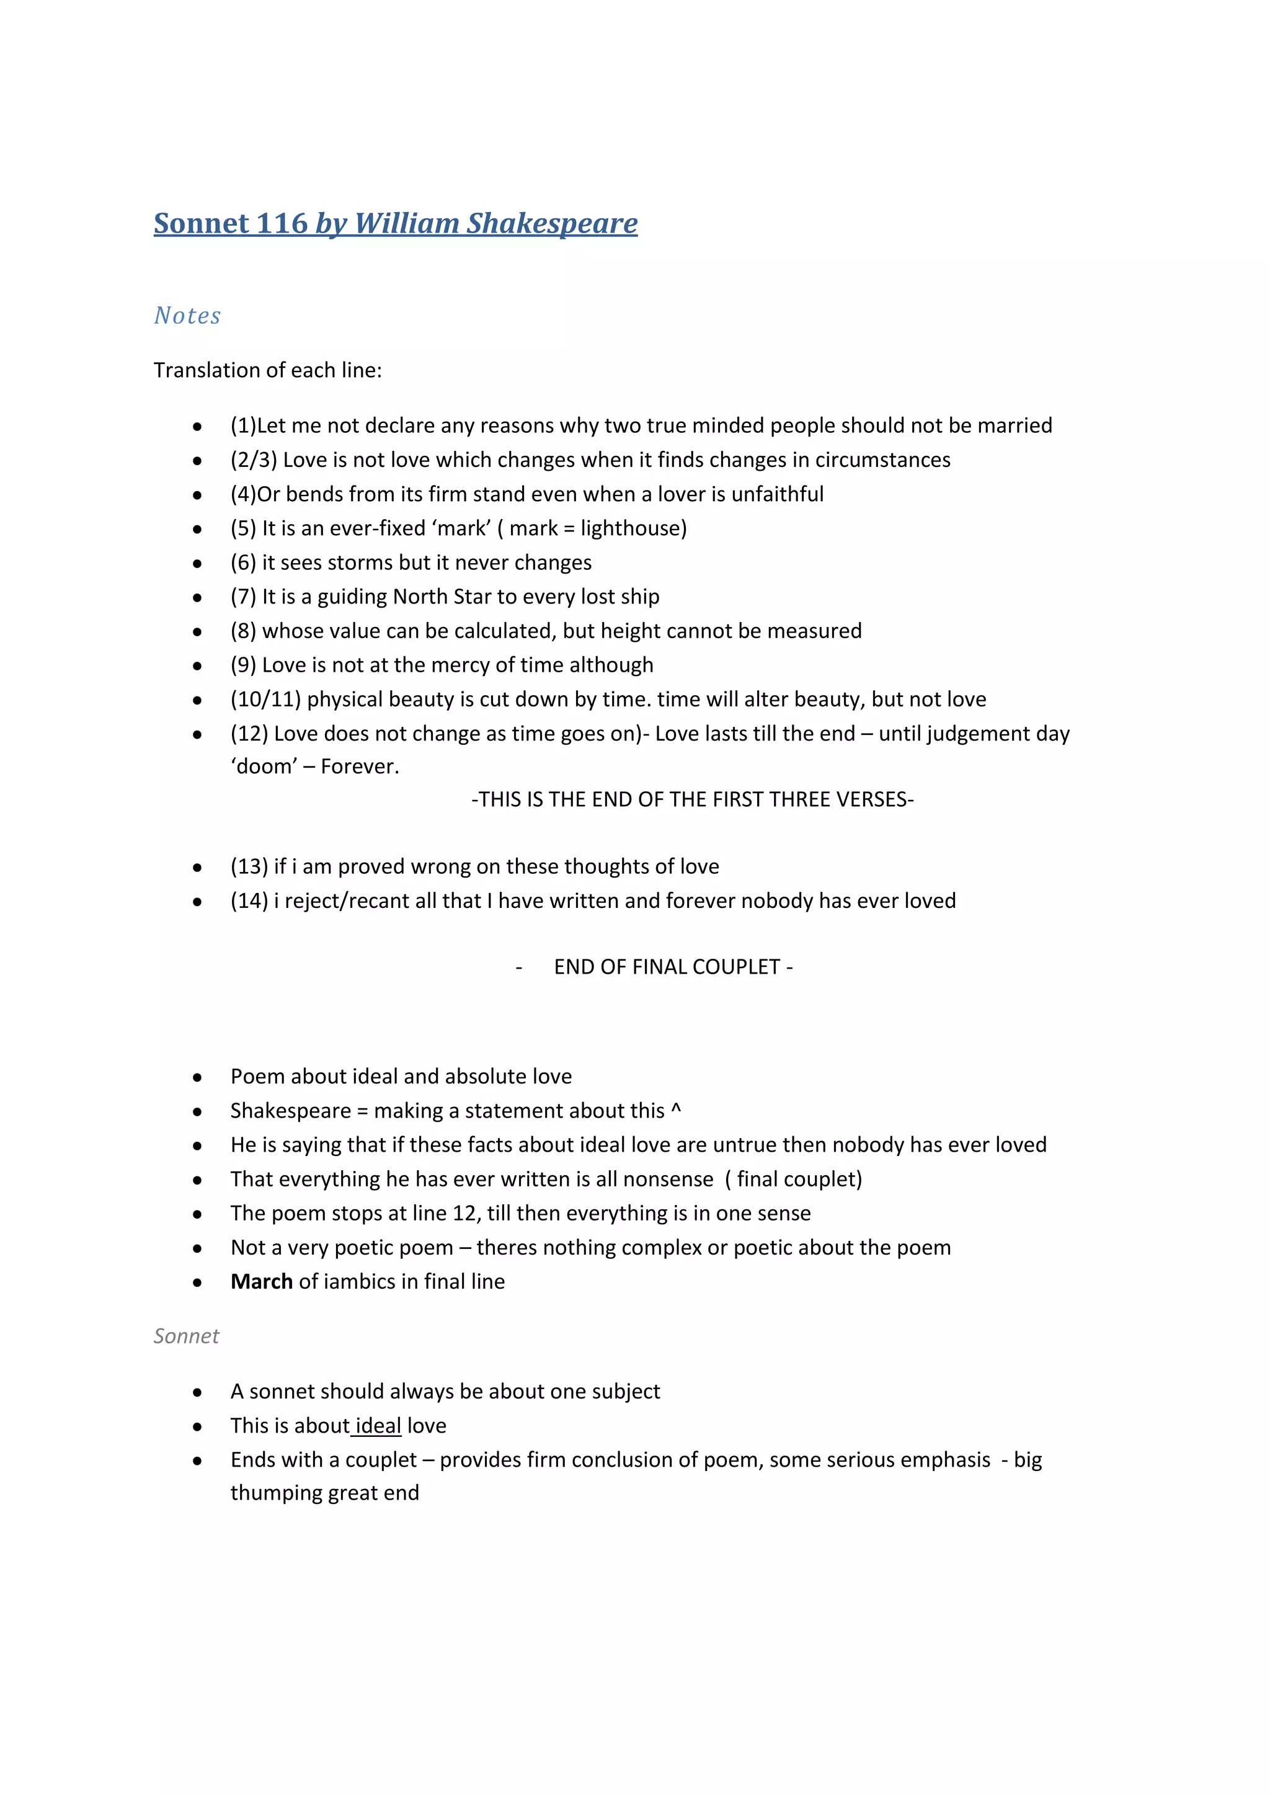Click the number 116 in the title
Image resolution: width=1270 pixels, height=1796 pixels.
point(282,224)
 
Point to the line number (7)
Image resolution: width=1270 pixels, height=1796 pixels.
point(243,596)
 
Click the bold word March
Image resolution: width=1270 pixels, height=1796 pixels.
point(261,1281)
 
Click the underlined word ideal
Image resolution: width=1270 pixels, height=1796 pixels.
point(378,1425)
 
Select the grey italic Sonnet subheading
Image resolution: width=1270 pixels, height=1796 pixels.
point(186,1336)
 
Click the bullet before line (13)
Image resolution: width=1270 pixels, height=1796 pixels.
point(198,868)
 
